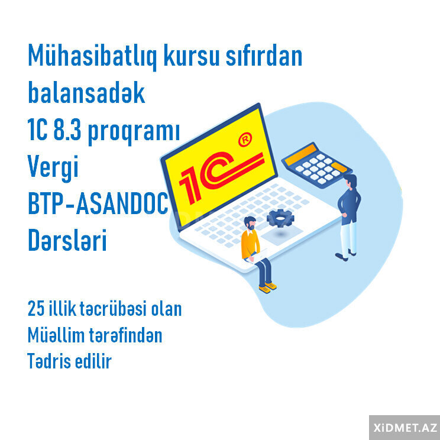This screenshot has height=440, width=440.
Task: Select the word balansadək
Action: [x=86, y=93]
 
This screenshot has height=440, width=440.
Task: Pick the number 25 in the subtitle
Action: [x=36, y=309]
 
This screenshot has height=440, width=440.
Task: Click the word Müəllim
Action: [x=57, y=336]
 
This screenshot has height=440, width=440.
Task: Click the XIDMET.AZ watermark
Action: [x=405, y=427]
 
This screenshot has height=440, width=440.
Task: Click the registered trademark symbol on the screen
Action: [x=243, y=140]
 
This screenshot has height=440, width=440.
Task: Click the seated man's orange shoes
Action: [x=268, y=287]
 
